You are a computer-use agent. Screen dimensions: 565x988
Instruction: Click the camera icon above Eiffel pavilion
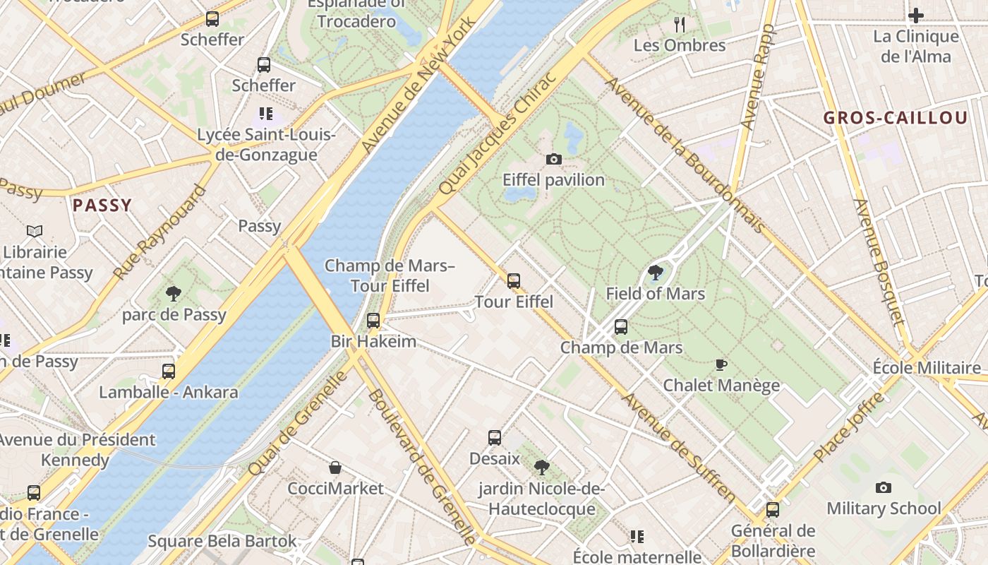(x=554, y=160)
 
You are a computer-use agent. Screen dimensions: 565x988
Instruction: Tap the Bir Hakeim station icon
(x=373, y=321)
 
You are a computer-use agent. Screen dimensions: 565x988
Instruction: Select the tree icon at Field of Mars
(x=656, y=273)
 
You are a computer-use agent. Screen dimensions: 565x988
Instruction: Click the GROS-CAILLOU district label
(x=896, y=118)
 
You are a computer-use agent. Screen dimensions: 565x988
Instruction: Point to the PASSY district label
(x=102, y=206)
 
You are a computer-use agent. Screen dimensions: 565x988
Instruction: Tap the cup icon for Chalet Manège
(x=721, y=364)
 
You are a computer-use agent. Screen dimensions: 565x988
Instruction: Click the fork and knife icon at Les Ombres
(x=680, y=25)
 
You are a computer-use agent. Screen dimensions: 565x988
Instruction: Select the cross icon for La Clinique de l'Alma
(x=916, y=15)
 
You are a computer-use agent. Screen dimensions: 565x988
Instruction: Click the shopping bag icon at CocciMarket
(x=335, y=468)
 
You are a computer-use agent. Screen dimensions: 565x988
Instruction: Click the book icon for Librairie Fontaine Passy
(x=35, y=231)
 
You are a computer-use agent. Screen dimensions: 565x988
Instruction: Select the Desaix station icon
(x=495, y=438)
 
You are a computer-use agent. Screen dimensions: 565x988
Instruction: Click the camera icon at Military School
(x=883, y=487)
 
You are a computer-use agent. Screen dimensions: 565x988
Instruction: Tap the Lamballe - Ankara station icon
(x=168, y=371)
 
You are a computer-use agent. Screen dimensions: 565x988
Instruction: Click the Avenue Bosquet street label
(x=879, y=262)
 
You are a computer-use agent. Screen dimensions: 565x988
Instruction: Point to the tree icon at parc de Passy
(x=174, y=294)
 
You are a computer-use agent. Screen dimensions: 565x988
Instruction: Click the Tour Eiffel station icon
(x=514, y=281)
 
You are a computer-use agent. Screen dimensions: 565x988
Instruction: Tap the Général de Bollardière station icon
(x=773, y=510)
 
